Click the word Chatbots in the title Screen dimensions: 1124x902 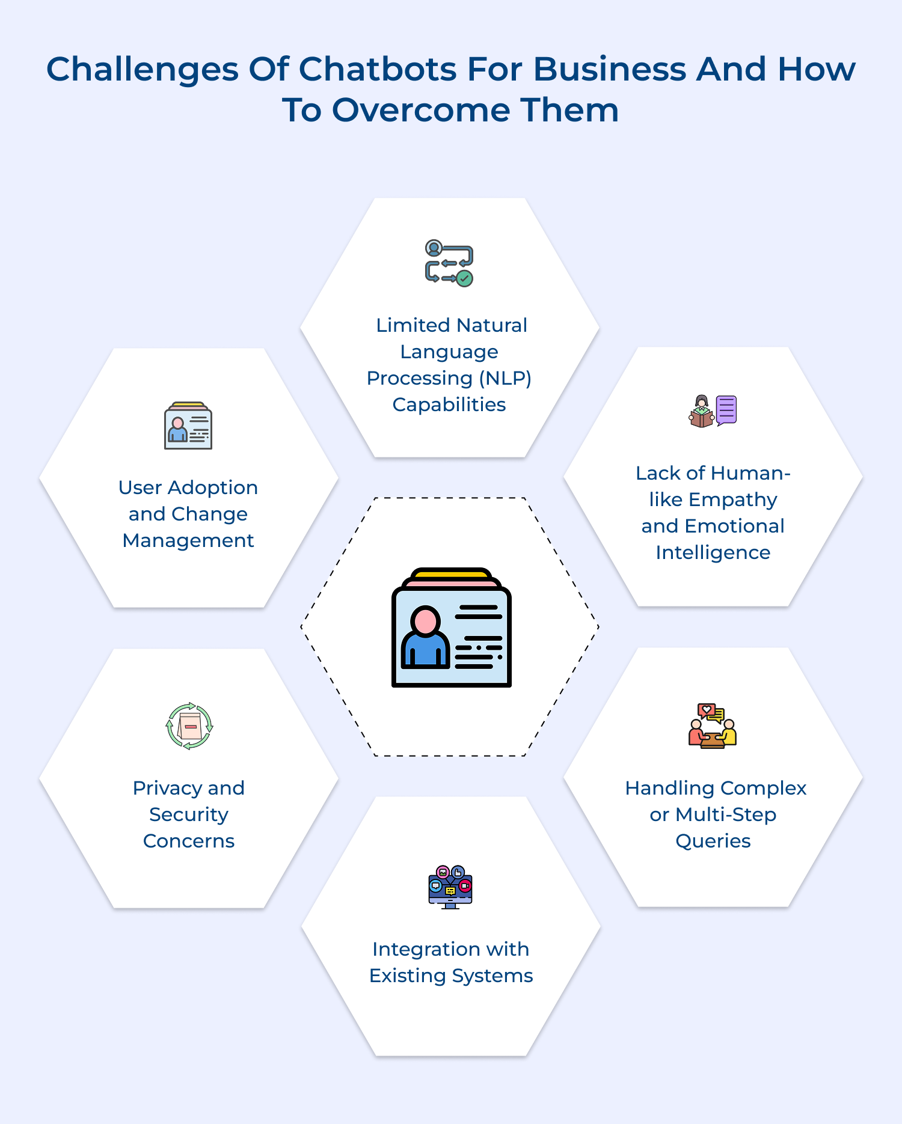point(378,69)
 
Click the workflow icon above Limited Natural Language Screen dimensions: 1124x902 point(449,263)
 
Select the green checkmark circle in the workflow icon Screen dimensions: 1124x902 point(464,278)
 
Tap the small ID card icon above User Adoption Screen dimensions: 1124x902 point(188,426)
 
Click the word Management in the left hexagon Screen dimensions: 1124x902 point(188,540)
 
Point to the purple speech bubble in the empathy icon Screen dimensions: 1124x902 point(726,410)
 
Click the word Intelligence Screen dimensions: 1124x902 point(713,552)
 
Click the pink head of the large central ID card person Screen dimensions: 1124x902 point(426,620)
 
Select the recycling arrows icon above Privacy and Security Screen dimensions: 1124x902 point(189,726)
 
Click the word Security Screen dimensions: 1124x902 point(189,814)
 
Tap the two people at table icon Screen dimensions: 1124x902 point(713,726)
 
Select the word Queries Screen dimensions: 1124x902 point(713,841)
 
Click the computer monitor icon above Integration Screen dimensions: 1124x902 point(450,887)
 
